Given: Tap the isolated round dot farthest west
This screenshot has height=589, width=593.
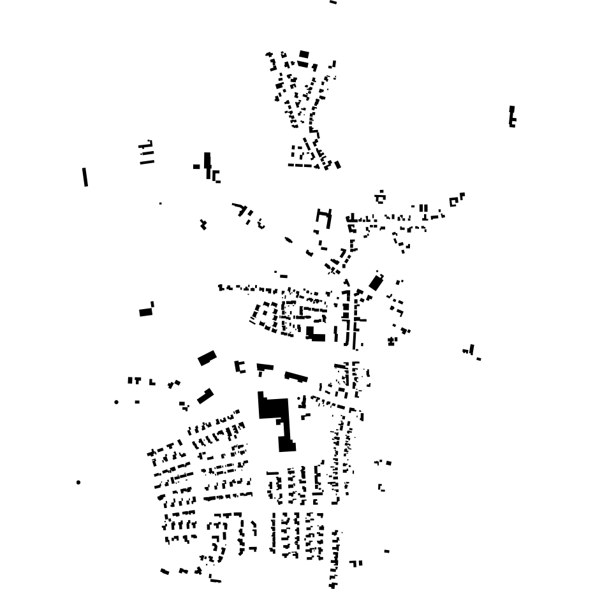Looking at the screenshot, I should tap(78, 483).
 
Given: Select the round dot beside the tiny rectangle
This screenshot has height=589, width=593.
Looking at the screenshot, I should tap(116, 402).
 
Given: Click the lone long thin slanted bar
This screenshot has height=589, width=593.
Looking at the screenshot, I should tap(85, 177).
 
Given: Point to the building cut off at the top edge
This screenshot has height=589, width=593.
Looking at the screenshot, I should tap(333, 3).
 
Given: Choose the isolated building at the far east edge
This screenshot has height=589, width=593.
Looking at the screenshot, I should tap(511, 117).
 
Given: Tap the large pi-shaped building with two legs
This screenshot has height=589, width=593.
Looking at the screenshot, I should tap(324, 217).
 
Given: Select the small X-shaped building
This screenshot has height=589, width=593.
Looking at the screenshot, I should tap(203, 224).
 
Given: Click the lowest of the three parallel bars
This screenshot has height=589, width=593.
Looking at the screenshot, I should tap(147, 162).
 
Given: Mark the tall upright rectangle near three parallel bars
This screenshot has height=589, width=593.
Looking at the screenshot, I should tap(207, 164).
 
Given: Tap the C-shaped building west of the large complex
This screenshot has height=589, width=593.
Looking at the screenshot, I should tap(240, 367).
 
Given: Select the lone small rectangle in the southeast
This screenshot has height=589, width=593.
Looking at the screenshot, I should tap(386, 551).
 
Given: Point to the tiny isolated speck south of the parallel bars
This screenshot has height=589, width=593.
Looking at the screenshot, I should tap(160, 203).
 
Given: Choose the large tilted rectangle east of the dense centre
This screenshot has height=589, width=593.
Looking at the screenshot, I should tap(376, 282).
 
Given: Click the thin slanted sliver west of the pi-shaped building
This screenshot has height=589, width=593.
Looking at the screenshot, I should tap(288, 240).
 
